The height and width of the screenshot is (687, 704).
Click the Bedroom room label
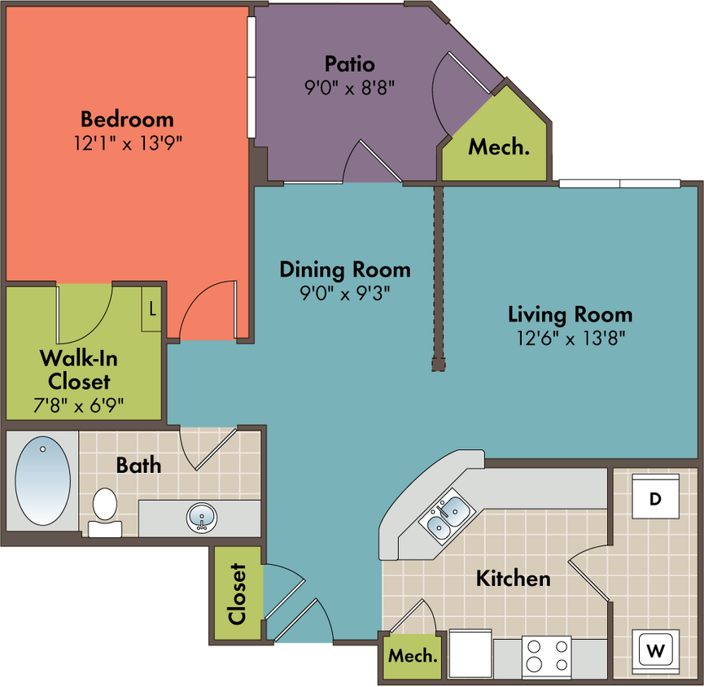pos(127,120)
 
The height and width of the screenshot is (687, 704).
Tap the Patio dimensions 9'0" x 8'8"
pos(349,88)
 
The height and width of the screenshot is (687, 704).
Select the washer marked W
pos(655,651)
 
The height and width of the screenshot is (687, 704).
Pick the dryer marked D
pos(655,497)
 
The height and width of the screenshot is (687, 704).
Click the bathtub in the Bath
pos(42,480)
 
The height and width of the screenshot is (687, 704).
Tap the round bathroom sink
pos(202,518)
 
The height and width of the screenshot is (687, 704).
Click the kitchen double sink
pos(447,515)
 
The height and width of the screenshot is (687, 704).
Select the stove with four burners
pos(546,657)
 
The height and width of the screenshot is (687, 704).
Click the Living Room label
pos(571,315)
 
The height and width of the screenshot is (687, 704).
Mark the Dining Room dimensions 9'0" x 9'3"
pos(345,294)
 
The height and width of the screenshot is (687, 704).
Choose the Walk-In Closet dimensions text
pos(79,406)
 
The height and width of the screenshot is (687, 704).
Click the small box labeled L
pos(151,309)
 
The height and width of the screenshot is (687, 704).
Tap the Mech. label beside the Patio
pos(499,147)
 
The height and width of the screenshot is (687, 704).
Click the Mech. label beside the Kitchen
pos(413,656)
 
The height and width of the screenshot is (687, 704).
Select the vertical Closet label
pos(238,593)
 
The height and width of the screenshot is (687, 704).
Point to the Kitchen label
pos(514,579)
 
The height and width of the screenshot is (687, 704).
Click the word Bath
pos(138,465)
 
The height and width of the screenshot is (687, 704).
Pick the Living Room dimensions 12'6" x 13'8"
pos(571,338)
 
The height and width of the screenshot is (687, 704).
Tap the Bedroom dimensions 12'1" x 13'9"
pos(128,143)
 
